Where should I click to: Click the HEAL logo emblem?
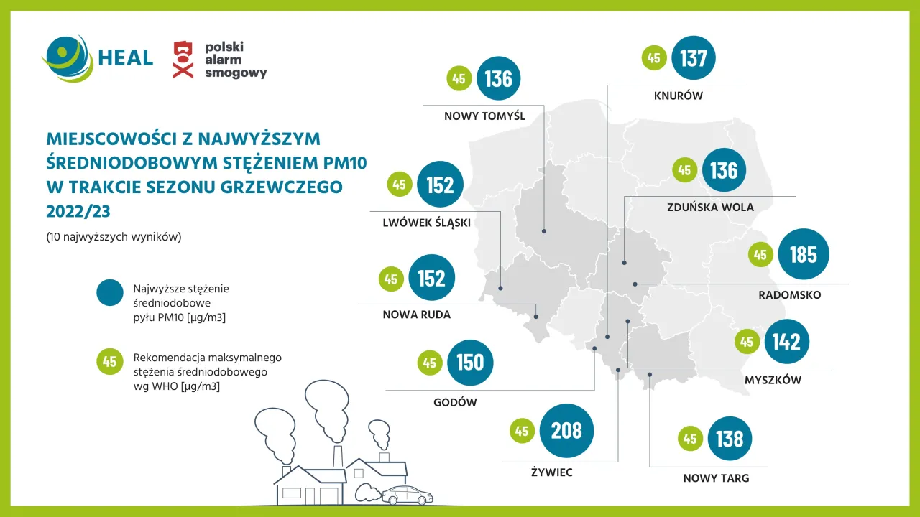point(67,58)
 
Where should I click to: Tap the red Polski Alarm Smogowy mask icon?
point(183,60)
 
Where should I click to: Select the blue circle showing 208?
point(566,431)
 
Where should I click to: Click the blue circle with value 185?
point(803,255)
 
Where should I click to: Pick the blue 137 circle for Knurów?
point(694,57)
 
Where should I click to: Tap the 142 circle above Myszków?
point(786,342)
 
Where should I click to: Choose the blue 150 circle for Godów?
point(470,363)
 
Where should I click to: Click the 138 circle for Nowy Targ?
point(730,439)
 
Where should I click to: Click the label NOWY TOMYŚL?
point(484,116)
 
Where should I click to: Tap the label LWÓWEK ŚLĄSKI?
point(427,223)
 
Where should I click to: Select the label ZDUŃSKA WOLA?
point(711,208)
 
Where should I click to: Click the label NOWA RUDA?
point(417,315)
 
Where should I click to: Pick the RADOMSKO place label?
point(789,295)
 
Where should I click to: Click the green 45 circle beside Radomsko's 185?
point(760,255)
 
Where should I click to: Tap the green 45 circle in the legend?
point(110,362)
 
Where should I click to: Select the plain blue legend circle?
point(110,294)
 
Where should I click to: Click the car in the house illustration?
point(407,495)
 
